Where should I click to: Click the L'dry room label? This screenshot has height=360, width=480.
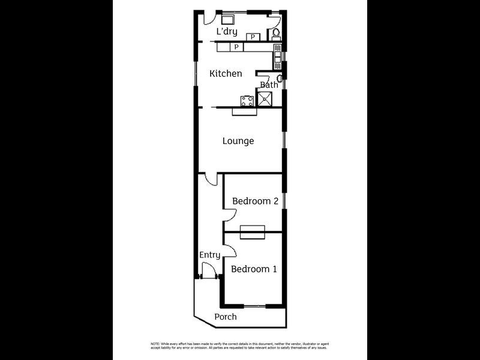(x=227, y=32)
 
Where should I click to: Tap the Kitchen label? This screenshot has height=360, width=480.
(x=226, y=74)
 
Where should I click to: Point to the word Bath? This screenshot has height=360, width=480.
(x=269, y=85)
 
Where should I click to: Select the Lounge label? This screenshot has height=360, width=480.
(x=238, y=142)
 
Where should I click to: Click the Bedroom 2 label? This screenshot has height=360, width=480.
(x=255, y=202)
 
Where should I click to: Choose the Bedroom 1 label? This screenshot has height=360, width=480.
(x=254, y=269)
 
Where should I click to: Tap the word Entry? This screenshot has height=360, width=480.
(x=210, y=255)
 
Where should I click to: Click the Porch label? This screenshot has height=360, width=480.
(x=226, y=317)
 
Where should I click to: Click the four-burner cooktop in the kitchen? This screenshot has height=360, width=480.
(x=247, y=100)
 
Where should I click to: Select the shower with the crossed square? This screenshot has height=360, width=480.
(x=267, y=98)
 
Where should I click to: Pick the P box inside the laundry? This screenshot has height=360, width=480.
(x=253, y=37)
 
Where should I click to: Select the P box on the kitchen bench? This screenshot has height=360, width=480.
(x=236, y=47)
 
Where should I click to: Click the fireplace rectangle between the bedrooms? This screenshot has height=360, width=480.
(x=252, y=232)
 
